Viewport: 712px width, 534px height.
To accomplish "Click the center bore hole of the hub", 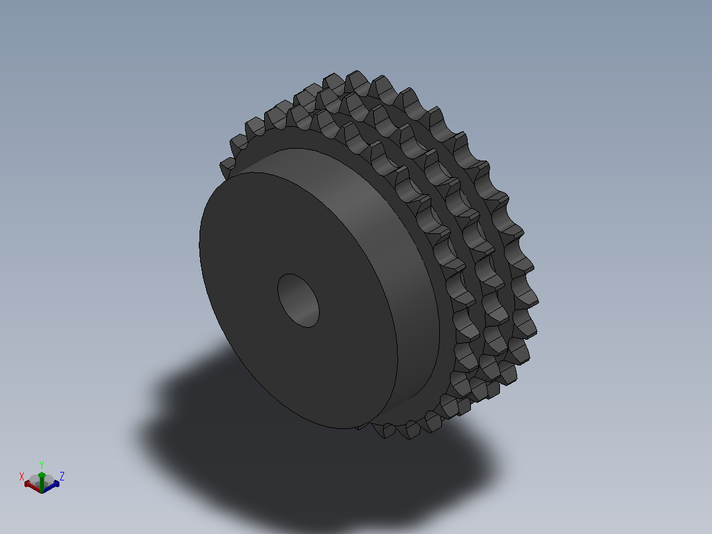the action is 299,301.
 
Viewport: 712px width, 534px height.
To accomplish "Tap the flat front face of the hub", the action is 254,254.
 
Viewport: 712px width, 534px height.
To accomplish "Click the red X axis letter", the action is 21,477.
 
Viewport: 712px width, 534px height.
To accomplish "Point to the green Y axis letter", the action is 42,465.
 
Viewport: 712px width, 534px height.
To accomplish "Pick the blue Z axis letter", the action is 62,476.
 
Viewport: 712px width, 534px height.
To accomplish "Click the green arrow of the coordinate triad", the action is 42,482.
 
